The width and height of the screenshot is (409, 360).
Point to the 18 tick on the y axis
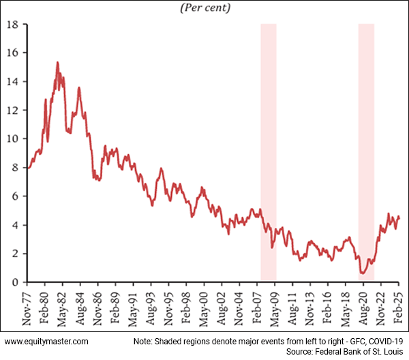pyautogui.click(x=12, y=25)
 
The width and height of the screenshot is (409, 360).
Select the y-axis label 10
pyautogui.click(x=12, y=139)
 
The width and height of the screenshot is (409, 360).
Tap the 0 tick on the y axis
pyautogui.click(x=16, y=282)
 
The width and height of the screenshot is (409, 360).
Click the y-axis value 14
pyautogui.click(x=12, y=82)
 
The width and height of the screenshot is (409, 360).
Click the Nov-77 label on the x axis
pyautogui.click(x=28, y=307)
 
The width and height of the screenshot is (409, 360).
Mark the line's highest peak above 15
pyautogui.click(x=57, y=63)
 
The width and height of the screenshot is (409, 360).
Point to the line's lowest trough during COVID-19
pyautogui.click(x=363, y=273)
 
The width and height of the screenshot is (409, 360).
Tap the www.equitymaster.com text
pyautogui.click(x=47, y=340)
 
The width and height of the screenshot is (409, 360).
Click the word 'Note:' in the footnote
pyautogui.click(x=144, y=340)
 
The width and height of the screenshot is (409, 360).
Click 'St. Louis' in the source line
pyautogui.click(x=387, y=351)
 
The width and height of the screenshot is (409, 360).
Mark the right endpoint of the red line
pyautogui.click(x=399, y=217)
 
